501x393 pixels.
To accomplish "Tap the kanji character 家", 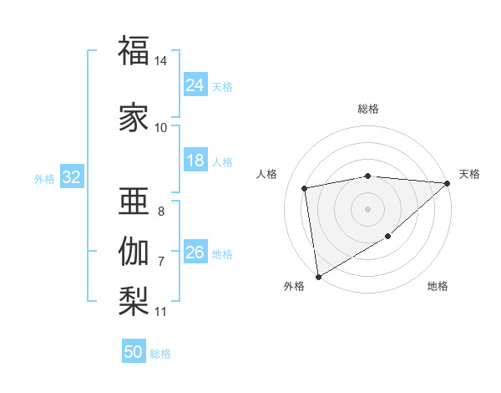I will (134, 117).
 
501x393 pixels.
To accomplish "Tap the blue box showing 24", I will (195, 85).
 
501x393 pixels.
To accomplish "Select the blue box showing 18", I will (195, 161).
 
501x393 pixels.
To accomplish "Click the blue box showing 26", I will (195, 253).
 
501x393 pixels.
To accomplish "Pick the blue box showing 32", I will (71, 177).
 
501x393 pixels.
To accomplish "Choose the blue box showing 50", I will (134, 352).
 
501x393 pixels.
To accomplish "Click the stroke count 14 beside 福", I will (160, 61).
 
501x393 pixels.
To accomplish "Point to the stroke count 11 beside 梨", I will (160, 312).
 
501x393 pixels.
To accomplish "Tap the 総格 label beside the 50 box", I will (160, 354).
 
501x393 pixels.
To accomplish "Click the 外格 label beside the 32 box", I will (44, 178).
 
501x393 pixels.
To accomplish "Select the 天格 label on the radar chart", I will (469, 174).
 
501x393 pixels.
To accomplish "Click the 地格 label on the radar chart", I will (438, 286).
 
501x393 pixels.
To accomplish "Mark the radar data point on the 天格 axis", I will (448, 183).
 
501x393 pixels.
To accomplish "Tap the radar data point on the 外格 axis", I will (318, 276).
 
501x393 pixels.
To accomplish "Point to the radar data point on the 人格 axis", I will (305, 188).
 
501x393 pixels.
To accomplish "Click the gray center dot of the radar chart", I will (367, 209).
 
